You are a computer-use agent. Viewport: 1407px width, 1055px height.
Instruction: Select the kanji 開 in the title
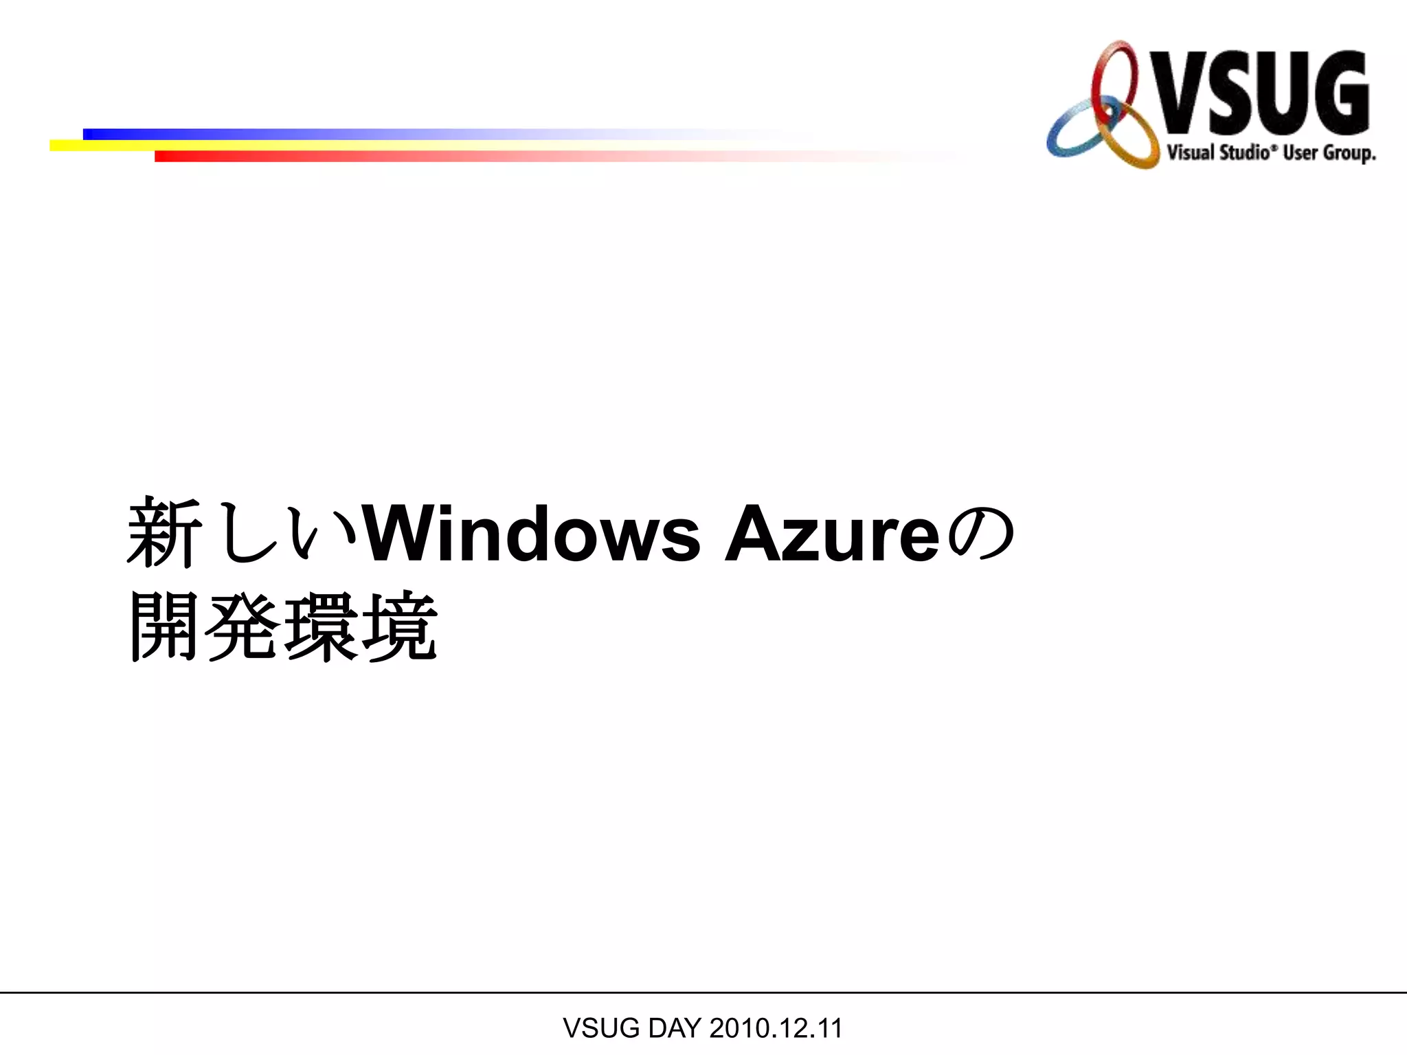point(165,626)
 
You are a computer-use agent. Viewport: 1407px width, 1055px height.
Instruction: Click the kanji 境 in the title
point(400,626)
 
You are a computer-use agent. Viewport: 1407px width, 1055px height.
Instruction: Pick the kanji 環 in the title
point(322,626)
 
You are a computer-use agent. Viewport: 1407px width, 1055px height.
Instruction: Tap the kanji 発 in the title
point(243,626)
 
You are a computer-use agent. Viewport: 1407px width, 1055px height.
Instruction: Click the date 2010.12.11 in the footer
point(776,1028)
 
